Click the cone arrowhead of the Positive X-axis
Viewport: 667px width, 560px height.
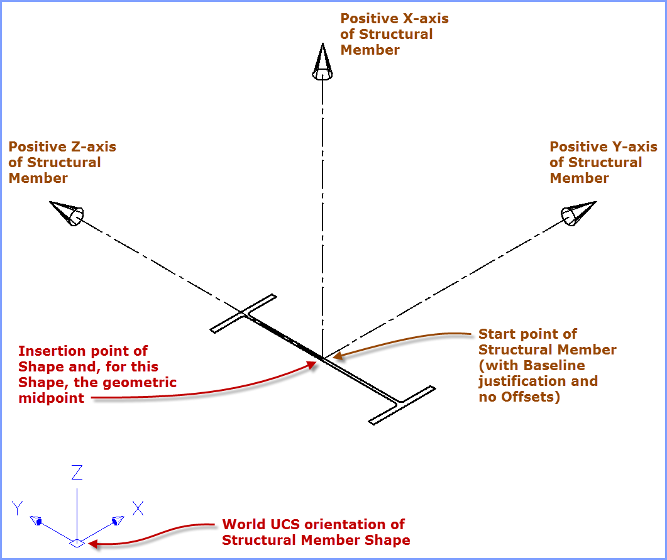(x=322, y=63)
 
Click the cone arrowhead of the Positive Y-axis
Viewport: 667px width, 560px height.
(x=578, y=212)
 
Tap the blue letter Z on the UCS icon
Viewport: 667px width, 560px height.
(x=77, y=473)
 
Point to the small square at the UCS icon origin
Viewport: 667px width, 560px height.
(x=77, y=543)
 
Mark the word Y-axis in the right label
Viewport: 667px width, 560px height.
(x=631, y=146)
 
